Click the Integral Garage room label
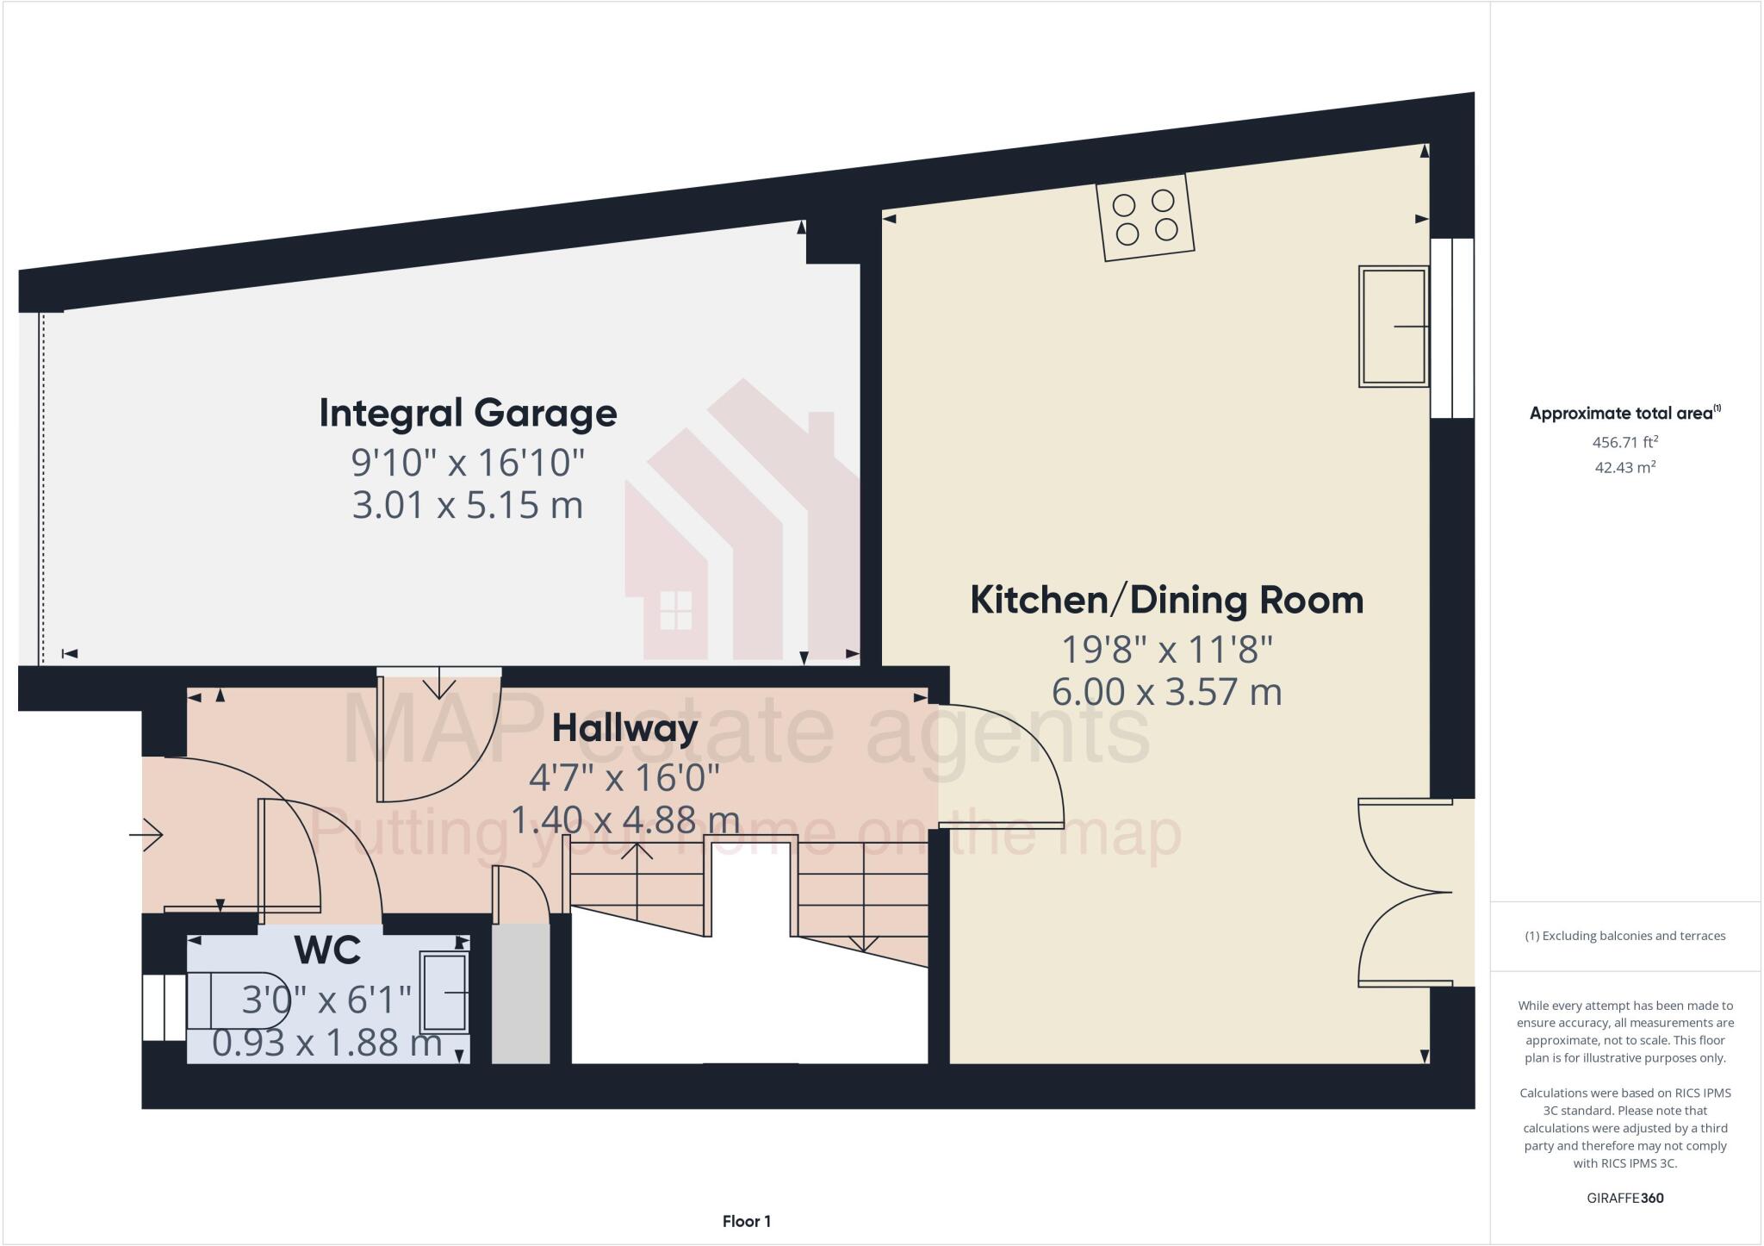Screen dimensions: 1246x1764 468,414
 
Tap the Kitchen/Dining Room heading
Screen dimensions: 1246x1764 1166,601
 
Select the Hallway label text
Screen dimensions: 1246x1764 624,729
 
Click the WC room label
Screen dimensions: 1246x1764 327,950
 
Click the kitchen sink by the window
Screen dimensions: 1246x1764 1393,327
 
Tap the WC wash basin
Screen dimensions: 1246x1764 444,993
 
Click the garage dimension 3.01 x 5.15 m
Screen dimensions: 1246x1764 468,506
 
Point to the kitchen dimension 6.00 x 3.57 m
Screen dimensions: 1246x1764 1166,693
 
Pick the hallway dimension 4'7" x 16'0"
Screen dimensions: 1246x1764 624,779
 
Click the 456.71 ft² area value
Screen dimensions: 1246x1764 1624,443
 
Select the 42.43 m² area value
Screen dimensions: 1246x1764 1624,468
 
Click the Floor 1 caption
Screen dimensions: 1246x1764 746,1221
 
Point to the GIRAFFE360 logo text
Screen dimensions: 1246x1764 1624,1198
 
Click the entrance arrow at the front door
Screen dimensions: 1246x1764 146,834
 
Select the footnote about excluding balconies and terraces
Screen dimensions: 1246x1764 1624,936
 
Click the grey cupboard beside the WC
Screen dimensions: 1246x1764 520,994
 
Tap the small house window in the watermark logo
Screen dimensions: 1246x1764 675,611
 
